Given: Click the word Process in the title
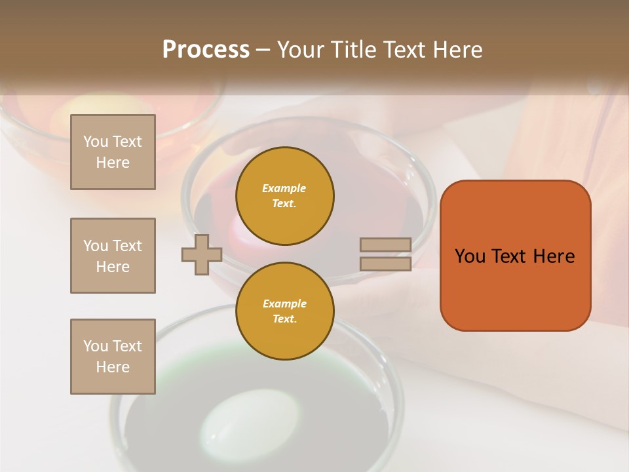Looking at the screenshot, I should tap(206, 50).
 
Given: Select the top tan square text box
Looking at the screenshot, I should tap(113, 152).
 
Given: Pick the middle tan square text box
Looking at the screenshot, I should tap(113, 256).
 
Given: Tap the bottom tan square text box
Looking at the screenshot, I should tap(113, 357).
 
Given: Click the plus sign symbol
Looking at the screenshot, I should tap(202, 254).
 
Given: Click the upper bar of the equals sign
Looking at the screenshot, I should tap(385, 245).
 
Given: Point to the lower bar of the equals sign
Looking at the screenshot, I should tap(385, 264).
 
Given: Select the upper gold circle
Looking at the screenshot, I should tap(284, 196).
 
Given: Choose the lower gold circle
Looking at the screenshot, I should tap(284, 311).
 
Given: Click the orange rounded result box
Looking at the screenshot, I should tap(515, 255).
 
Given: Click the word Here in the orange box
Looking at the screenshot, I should tap(554, 256).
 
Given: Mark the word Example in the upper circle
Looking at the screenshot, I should tap(284, 188).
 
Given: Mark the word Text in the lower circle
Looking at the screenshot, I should tap(284, 319).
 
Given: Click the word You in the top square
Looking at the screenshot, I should tap(95, 142).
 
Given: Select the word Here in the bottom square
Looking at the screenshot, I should tap(113, 367).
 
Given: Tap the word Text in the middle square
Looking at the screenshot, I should tap(126, 246).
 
